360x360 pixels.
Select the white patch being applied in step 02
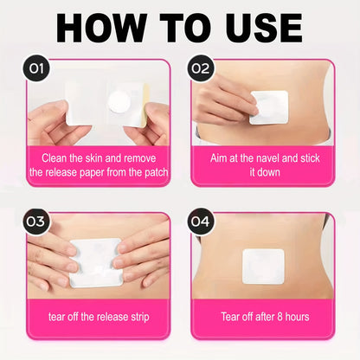[269, 107]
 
